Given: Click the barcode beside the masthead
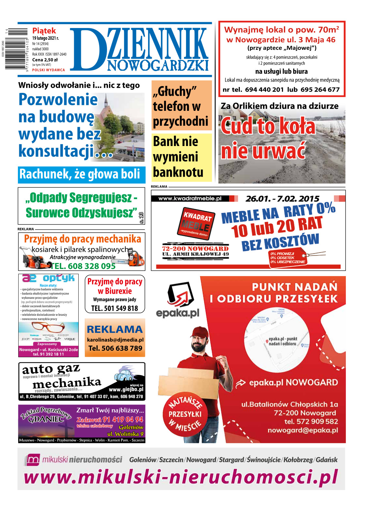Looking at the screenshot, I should [x=16, y=49].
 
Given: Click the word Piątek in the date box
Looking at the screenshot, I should [x=44, y=31].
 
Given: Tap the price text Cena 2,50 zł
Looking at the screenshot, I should [x=45, y=60].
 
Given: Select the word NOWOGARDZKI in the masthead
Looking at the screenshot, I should [x=158, y=66].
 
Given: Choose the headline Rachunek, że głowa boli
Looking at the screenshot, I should [x=80, y=174].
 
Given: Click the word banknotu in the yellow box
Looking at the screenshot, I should [x=178, y=172].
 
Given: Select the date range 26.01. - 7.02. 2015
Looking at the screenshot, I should [x=282, y=198].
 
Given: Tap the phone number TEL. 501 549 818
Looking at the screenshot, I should [x=115, y=308].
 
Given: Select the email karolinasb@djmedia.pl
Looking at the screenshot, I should [x=115, y=340].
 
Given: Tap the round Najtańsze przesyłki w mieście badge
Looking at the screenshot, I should [x=185, y=414].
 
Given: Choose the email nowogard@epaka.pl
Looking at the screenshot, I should [x=302, y=430].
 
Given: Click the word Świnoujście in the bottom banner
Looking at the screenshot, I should [x=263, y=460].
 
